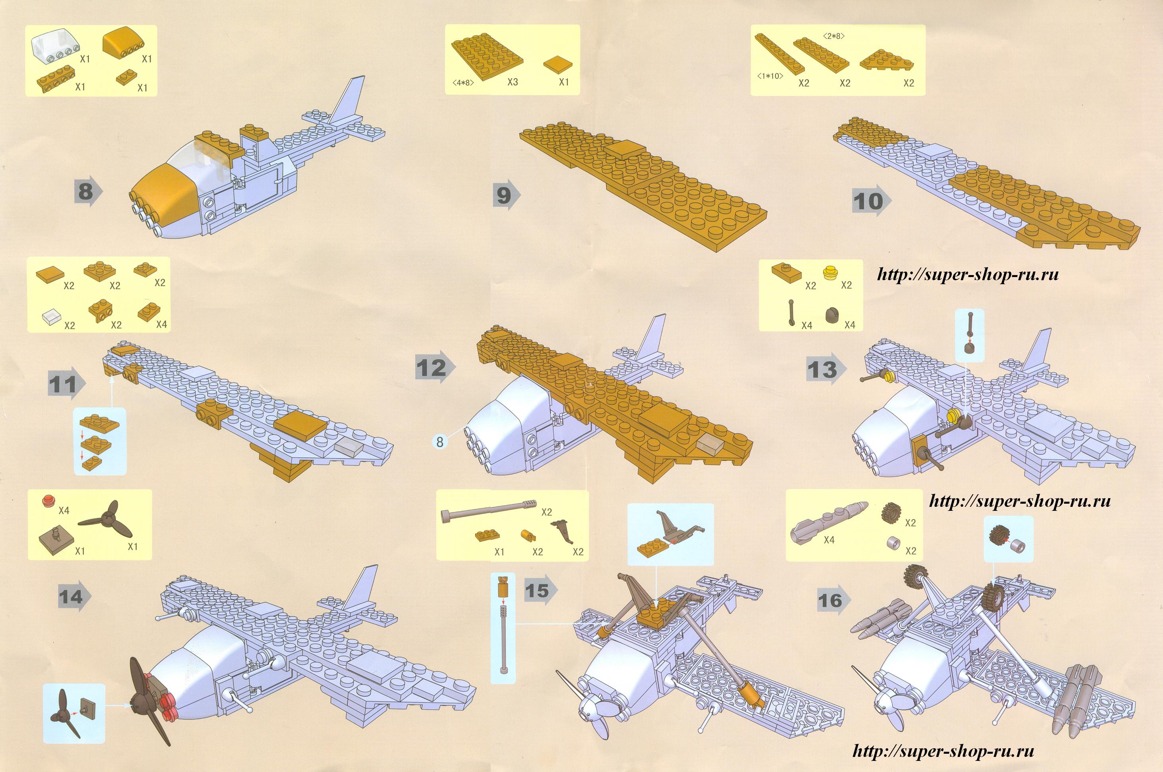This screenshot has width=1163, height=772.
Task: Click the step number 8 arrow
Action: tap(88, 191)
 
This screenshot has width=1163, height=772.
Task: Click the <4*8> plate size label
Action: tap(463, 83)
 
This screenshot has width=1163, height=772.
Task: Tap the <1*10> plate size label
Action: tap(770, 76)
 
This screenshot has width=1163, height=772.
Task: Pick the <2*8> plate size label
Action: tap(834, 35)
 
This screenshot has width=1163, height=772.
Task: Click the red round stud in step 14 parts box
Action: tap(48, 501)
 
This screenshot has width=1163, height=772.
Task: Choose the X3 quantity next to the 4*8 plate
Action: tap(512, 82)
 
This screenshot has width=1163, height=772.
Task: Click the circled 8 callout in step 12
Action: tap(440, 442)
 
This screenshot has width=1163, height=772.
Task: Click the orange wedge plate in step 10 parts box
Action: tap(885, 63)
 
